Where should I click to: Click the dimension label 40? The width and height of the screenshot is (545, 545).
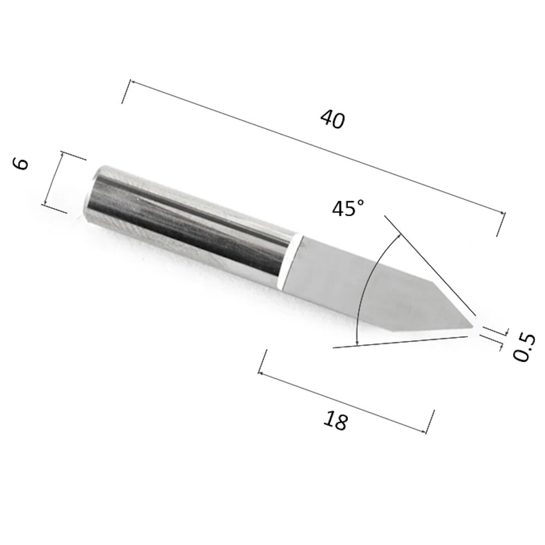tap(332, 119)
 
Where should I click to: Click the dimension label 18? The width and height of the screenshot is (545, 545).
tap(335, 421)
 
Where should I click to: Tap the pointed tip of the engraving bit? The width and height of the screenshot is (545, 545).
tap(472, 328)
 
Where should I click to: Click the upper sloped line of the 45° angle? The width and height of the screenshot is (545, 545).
tap(431, 267)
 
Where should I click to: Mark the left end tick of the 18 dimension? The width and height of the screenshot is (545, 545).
tap(262, 361)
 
